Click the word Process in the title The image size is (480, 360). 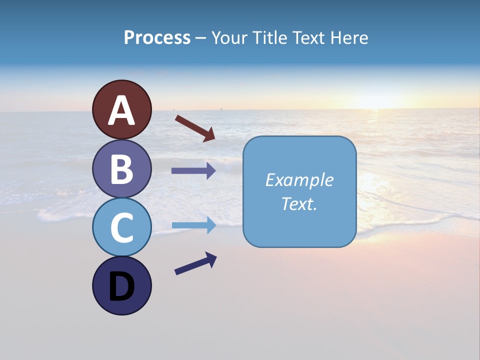tap(157, 38)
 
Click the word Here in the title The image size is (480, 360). tap(351, 38)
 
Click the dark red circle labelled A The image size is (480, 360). tap(121, 109)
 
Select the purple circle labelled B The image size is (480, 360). tap(121, 168)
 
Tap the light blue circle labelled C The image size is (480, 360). tap(121, 227)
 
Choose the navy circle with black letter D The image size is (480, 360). tap(121, 285)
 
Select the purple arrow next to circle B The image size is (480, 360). tap(193, 171)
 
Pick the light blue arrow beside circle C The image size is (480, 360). tap(193, 225)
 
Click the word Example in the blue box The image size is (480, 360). tap(299, 180)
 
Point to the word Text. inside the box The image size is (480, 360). tap(299, 204)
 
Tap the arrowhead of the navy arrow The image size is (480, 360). tap(211, 258)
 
